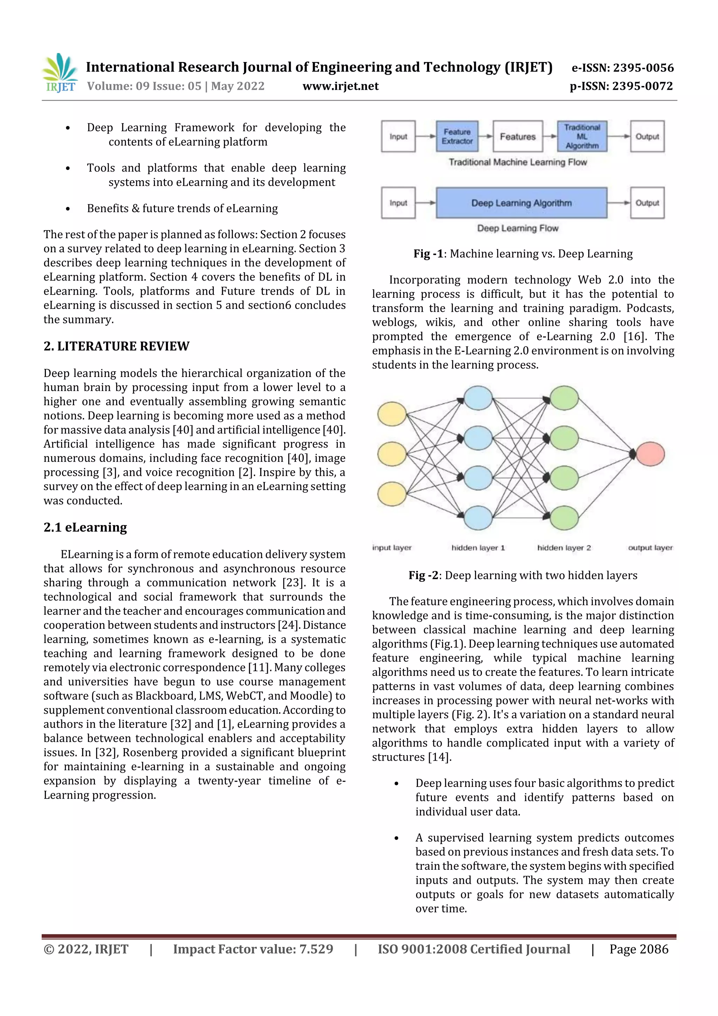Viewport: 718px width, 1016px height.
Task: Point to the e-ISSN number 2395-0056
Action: point(622,68)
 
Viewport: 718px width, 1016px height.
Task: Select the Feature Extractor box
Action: point(457,136)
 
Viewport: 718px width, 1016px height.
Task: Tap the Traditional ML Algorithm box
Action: point(582,136)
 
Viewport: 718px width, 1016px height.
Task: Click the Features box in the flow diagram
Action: point(517,136)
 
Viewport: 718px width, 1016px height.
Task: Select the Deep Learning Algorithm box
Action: point(521,203)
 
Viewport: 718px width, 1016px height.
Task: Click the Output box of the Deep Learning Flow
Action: point(647,203)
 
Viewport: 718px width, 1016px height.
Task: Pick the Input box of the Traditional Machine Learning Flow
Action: point(398,136)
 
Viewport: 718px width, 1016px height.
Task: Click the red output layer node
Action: point(650,453)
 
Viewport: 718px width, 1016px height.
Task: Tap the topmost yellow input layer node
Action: point(392,414)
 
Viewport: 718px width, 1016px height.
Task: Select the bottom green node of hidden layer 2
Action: point(564,518)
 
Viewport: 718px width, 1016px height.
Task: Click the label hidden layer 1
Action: point(478,548)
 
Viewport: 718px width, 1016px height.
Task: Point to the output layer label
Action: point(650,548)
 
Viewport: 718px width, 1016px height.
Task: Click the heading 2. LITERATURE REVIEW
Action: point(116,346)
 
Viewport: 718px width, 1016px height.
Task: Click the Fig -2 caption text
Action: point(522,575)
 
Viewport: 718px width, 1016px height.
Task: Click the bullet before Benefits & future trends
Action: point(68,209)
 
